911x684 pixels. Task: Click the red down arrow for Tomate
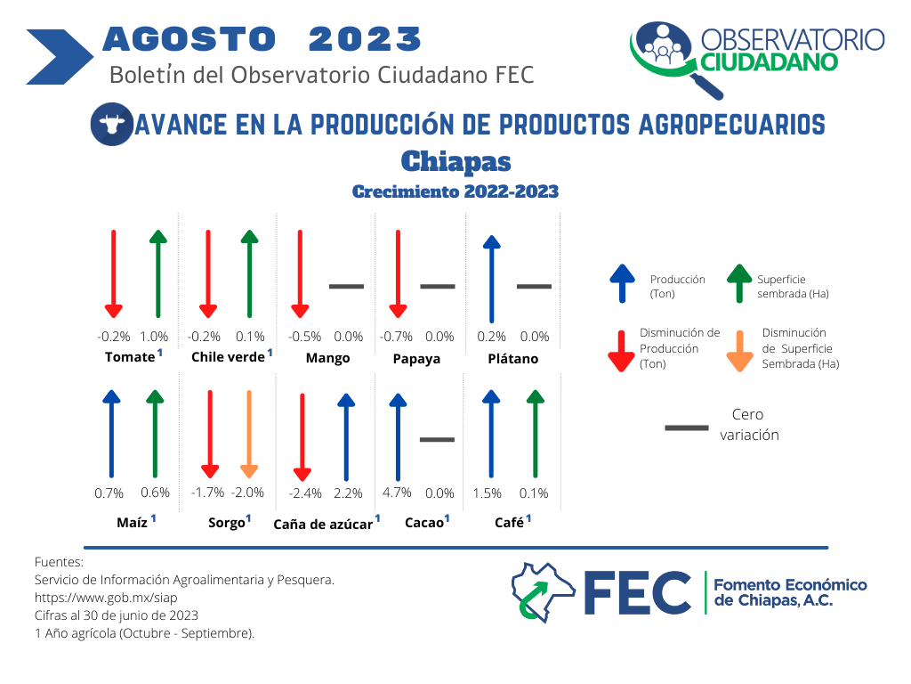[114, 274]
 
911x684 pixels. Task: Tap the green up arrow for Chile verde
[250, 273]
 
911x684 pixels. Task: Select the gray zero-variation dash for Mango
[346, 286]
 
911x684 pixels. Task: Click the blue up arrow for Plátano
[491, 279]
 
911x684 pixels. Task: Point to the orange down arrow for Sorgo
[249, 434]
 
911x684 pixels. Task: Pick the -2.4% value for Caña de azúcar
[305, 493]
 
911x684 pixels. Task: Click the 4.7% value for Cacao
[397, 493]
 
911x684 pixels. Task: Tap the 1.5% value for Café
[487, 493]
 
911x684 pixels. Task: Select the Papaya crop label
[416, 359]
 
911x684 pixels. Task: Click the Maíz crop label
[132, 522]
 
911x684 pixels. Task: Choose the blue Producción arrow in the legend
[622, 284]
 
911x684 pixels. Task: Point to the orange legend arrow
[739, 351]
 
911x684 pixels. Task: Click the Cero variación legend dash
[687, 428]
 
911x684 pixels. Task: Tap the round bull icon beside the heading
[111, 124]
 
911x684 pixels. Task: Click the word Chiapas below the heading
[456, 162]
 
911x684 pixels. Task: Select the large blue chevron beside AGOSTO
[60, 57]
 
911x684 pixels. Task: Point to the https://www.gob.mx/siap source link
[106, 598]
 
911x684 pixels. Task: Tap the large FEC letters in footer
[637, 592]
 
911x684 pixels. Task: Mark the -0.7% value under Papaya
[396, 337]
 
